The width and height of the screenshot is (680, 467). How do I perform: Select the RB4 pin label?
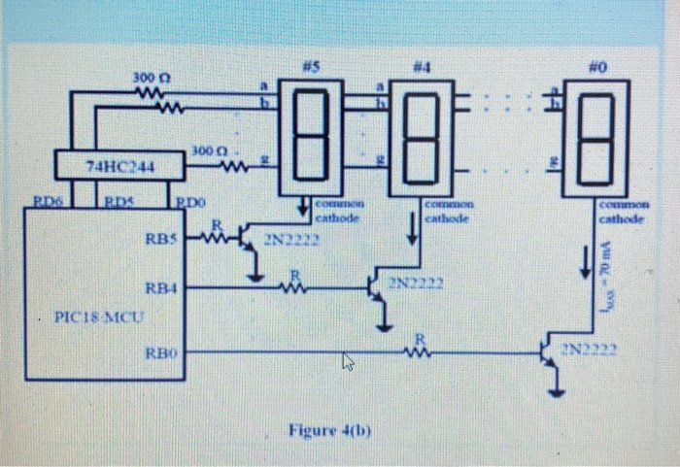click(x=160, y=287)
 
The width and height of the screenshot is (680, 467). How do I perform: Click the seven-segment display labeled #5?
click(x=310, y=137)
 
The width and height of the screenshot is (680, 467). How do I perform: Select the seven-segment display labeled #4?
click(x=420, y=137)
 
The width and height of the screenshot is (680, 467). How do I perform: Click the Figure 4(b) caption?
click(x=321, y=429)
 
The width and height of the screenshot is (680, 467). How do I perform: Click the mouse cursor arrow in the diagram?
click(x=347, y=364)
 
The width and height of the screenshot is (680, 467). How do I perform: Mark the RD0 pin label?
click(x=191, y=202)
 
